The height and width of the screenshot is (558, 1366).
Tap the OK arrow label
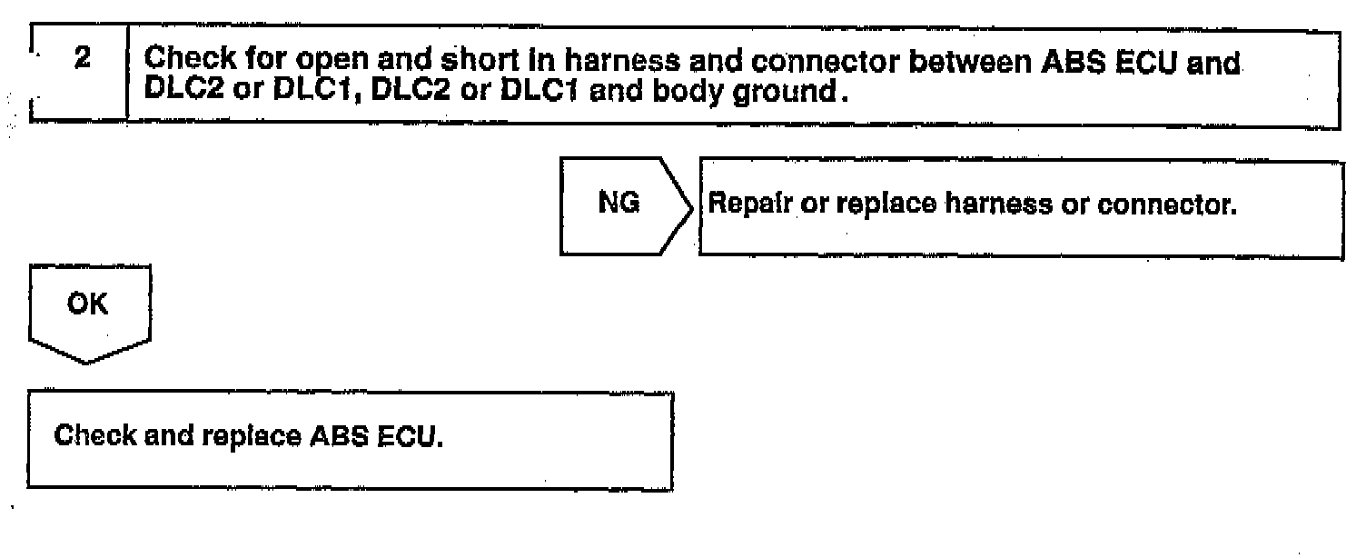88,304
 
